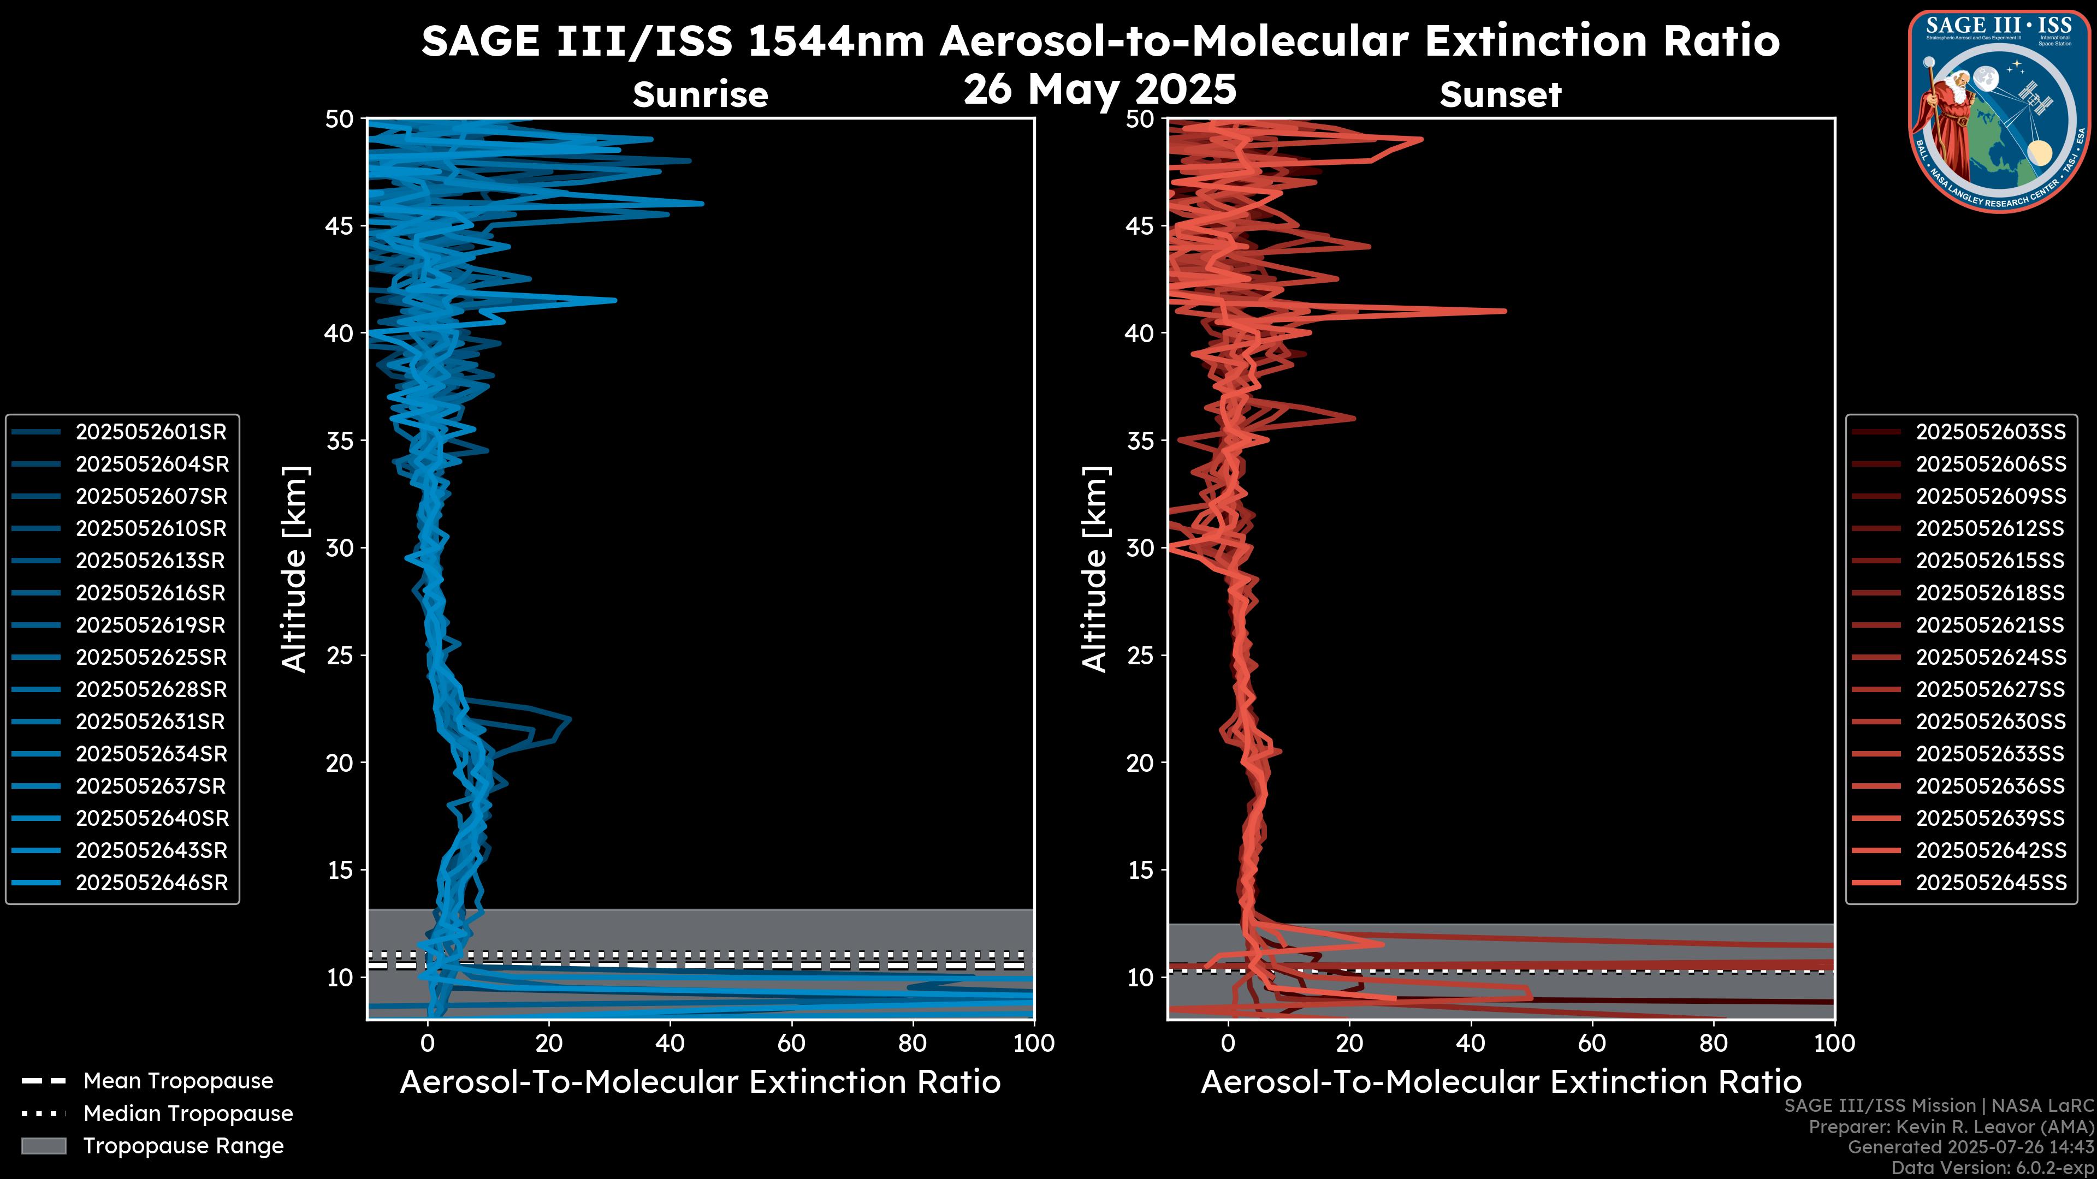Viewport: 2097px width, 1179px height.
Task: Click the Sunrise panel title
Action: pos(700,94)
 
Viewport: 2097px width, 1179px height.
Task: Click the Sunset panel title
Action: pos(1500,94)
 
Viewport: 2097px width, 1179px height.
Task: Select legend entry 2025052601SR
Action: pos(151,432)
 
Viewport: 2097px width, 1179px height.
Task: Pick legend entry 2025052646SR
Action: pos(151,883)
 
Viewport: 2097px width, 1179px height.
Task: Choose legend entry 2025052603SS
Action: pos(1991,432)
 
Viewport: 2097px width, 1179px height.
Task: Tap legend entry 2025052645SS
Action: pos(1991,883)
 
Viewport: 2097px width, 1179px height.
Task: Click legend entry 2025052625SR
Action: pos(151,657)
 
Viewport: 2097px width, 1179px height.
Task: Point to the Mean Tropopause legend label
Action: pos(178,1081)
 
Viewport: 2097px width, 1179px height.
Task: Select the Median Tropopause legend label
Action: pos(188,1114)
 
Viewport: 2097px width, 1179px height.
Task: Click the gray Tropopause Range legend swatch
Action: pos(44,1146)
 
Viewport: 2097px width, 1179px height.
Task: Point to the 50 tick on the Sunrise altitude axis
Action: pos(340,120)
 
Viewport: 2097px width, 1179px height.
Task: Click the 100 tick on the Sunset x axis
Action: pos(1834,1043)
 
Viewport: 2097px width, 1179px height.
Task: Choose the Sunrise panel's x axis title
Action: pos(700,1082)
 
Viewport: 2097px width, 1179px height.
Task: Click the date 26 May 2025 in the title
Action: pos(1100,90)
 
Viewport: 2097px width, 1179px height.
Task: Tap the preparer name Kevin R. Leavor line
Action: pos(1951,1127)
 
